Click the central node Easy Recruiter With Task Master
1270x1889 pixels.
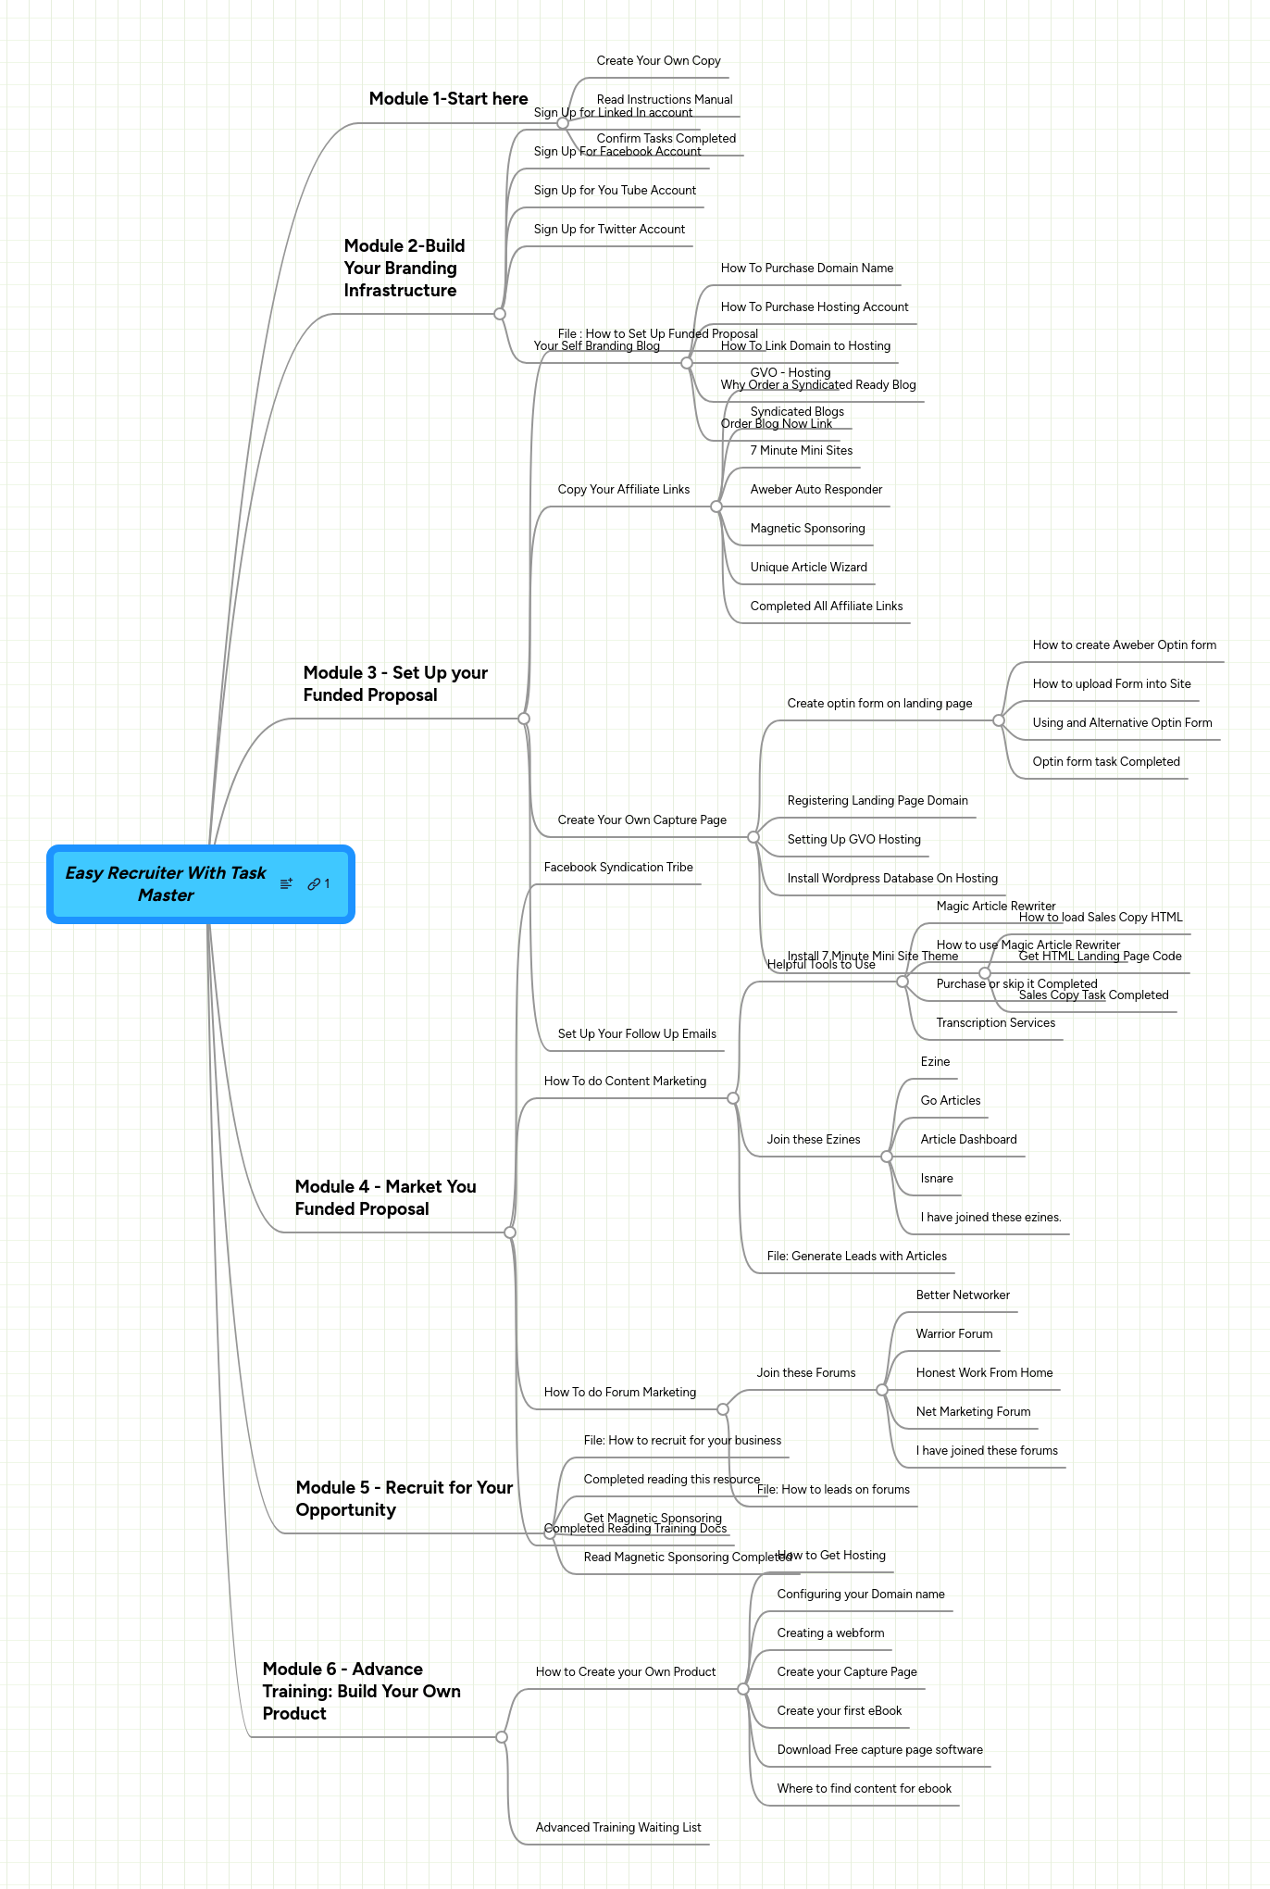165,884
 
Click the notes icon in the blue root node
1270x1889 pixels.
286,884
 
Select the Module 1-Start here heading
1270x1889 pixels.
448,99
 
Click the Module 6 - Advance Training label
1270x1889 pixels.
361,1691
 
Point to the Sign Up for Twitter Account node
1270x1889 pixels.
609,230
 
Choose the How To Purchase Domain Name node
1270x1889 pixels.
806,269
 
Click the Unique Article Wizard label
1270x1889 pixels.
808,568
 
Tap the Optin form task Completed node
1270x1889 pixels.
1105,762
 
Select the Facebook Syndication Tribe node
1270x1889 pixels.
618,868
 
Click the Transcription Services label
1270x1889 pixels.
995,1023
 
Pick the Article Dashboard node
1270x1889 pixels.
968,1140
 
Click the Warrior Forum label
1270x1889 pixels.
953,1334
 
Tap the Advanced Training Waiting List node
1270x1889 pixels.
618,1828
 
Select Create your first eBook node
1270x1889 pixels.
839,1711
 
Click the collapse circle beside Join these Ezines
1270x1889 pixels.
887,1157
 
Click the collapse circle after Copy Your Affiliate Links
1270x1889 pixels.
716,507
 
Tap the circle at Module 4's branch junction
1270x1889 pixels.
510,1232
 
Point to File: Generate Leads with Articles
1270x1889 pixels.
856,1257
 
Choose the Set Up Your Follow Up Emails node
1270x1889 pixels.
637,1034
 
